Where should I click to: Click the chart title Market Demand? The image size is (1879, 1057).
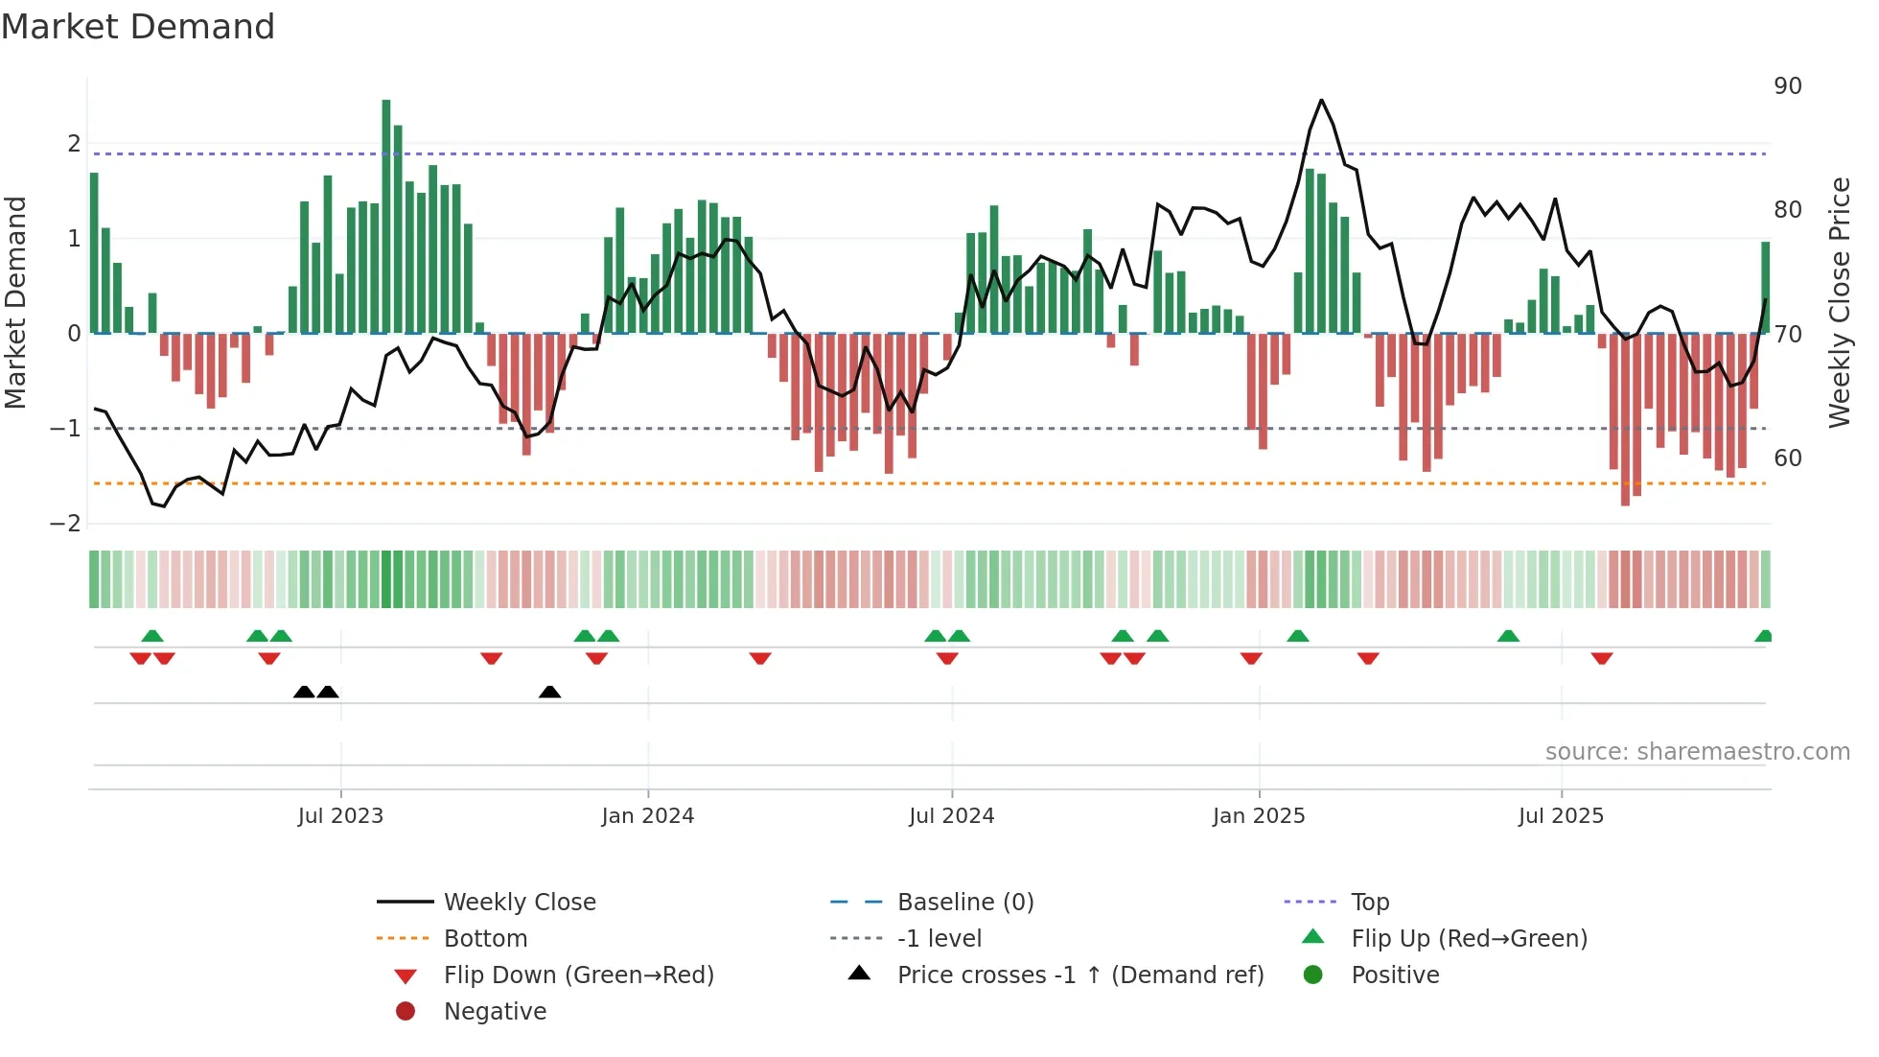[x=138, y=27]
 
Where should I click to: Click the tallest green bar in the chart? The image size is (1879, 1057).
[x=386, y=216]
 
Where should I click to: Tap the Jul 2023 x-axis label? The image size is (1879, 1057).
[x=340, y=816]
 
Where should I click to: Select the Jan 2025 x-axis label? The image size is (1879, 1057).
[x=1259, y=816]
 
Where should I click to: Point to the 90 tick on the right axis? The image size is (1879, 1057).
[x=1788, y=86]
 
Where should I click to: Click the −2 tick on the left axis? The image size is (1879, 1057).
[x=66, y=524]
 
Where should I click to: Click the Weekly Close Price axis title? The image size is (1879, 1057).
[x=1839, y=302]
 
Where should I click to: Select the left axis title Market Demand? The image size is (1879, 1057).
[x=15, y=302]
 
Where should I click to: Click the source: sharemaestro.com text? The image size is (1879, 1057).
[x=1697, y=752]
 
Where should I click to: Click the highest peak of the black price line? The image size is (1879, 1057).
[x=1321, y=101]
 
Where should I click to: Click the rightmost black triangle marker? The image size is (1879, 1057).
[x=549, y=693]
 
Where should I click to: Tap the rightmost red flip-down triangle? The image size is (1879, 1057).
[x=1602, y=658]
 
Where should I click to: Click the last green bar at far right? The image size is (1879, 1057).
[x=1765, y=288]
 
